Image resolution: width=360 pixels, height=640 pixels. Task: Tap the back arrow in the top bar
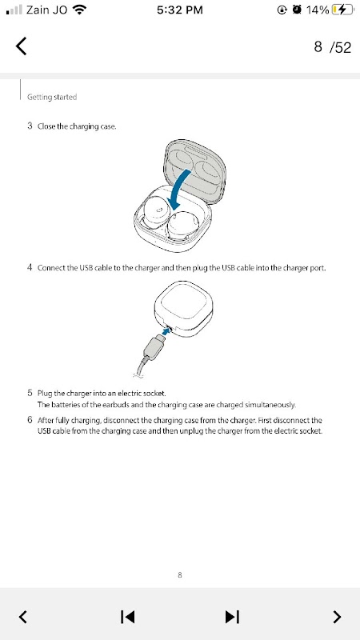point(22,46)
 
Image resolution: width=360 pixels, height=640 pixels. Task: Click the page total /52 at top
point(340,47)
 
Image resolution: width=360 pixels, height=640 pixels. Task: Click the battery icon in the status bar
point(342,10)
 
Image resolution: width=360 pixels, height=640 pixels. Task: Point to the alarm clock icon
point(297,10)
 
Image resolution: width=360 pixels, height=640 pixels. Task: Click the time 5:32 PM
point(179,10)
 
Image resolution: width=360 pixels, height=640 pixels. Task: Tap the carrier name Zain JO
point(46,10)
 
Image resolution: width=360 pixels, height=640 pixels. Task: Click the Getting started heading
point(52,97)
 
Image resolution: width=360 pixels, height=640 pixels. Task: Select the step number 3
point(30,126)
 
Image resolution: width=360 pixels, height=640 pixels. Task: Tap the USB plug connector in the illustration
point(153,347)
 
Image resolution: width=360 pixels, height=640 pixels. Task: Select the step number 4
point(30,268)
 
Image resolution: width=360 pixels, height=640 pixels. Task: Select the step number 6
point(30,420)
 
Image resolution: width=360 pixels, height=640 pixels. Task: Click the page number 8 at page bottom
point(180,575)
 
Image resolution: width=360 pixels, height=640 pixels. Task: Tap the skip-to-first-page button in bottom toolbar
point(127,617)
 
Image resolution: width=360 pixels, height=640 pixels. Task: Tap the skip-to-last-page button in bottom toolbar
point(232,617)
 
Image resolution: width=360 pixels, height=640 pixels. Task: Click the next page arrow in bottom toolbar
point(337,617)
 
